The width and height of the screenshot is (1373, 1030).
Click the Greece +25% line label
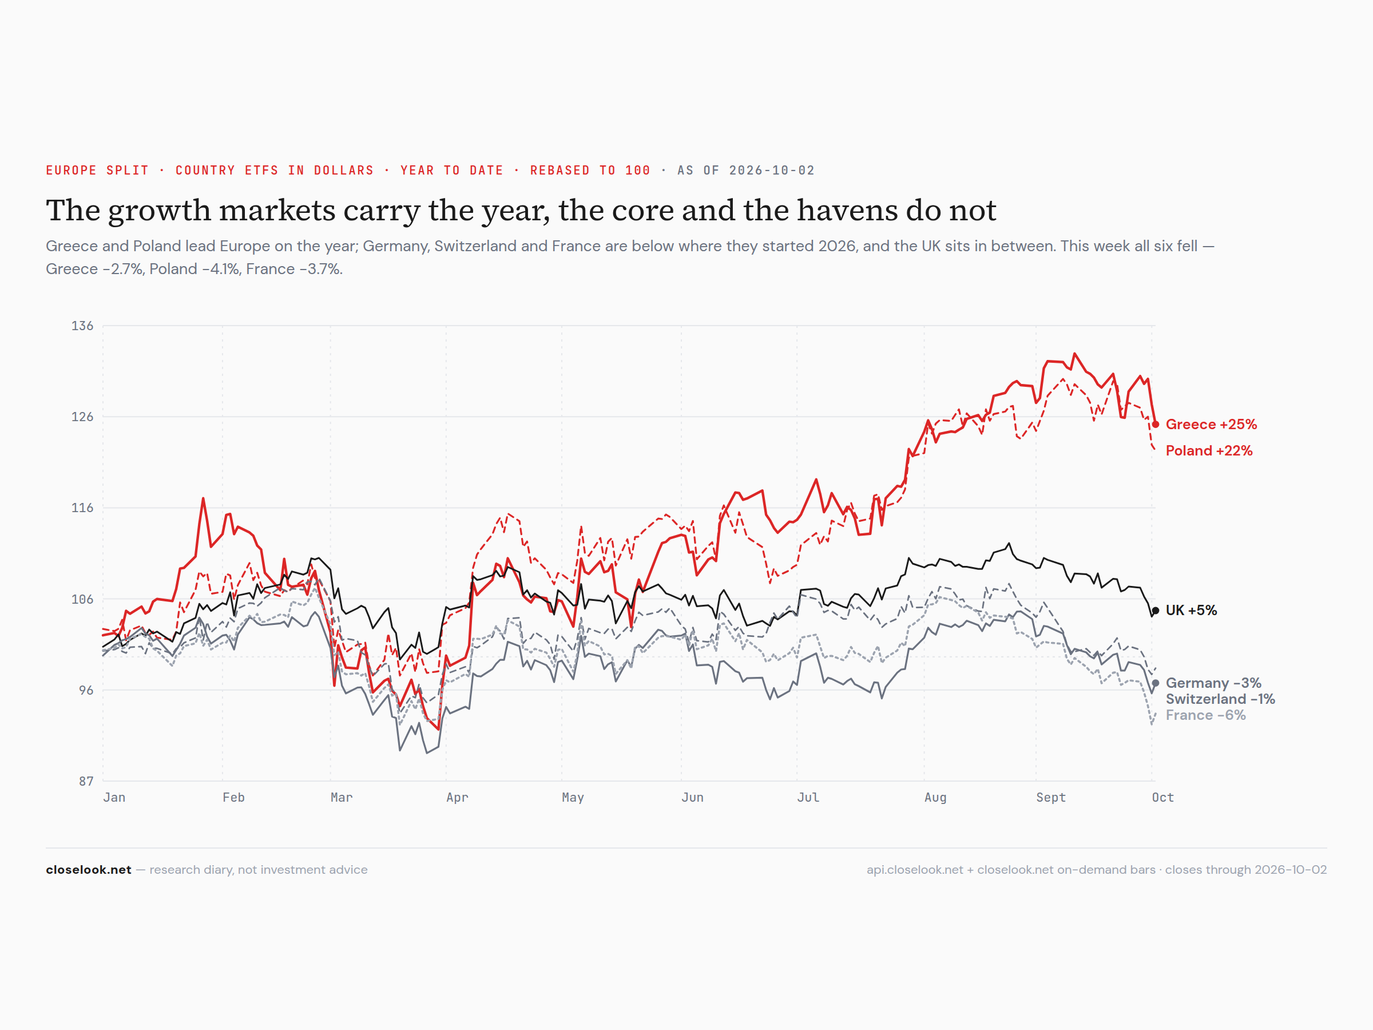pos(1211,424)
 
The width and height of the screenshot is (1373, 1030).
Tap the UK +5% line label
pos(1191,611)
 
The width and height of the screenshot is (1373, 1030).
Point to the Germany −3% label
pos(1213,683)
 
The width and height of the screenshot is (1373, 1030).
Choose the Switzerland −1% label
pos(1220,699)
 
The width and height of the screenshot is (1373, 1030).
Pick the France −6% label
pos(1205,715)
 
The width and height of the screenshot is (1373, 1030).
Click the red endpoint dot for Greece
pos(1155,425)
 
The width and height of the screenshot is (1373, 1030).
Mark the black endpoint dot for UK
pos(1155,611)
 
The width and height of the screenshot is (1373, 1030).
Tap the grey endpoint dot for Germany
pos(1155,683)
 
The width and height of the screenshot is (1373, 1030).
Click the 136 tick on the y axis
pos(82,326)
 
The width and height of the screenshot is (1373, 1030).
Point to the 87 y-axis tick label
pos(86,781)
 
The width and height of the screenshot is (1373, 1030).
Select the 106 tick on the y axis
pos(82,599)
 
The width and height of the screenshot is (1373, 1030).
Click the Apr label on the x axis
pos(458,798)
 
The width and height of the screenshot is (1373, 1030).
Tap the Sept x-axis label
pos(1051,798)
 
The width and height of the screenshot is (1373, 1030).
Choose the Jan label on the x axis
pos(114,797)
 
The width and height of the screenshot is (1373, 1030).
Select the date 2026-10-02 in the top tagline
pos(772,170)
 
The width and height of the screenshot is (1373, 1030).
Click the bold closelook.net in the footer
pos(89,870)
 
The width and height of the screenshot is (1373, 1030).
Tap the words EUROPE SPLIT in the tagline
pos(97,170)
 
